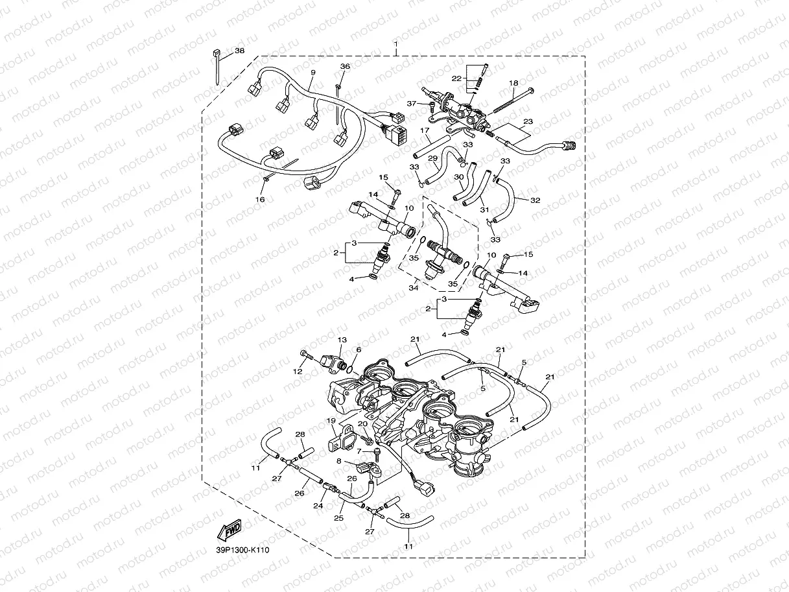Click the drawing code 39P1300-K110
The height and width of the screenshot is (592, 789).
pos(242,551)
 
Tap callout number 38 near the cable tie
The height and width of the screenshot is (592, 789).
pos(239,51)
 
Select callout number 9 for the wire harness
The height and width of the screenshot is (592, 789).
pos(313,73)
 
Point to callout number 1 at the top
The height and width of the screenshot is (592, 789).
pos(395,44)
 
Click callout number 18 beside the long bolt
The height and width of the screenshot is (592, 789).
pos(513,83)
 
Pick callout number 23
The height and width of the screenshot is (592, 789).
pos(528,121)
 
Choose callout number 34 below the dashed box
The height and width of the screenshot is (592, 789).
pos(414,288)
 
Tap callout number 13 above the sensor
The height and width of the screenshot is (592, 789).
pos(342,340)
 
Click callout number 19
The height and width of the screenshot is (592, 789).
pos(331,421)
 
